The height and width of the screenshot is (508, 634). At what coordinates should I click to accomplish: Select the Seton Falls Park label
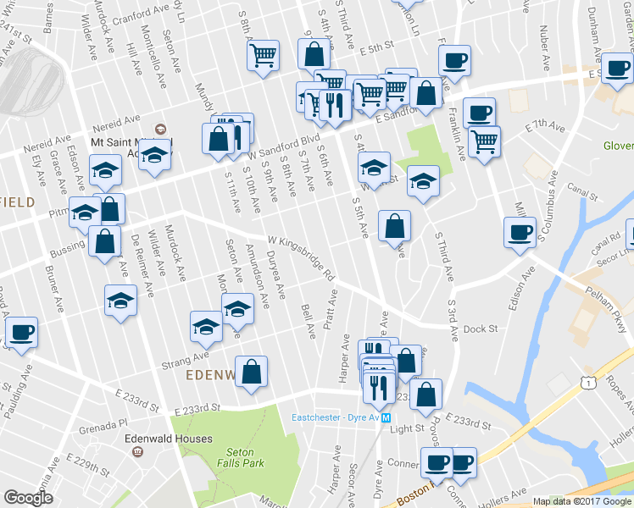[x=245, y=457]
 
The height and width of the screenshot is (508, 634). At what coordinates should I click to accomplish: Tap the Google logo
[x=28, y=498]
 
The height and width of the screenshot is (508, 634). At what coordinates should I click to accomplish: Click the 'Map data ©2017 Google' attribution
[x=582, y=501]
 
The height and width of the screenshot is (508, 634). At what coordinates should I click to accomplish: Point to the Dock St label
[x=480, y=329]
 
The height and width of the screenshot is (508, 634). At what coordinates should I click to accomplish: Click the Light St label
[x=407, y=429]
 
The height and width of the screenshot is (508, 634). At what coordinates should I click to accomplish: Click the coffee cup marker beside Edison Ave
[x=520, y=232]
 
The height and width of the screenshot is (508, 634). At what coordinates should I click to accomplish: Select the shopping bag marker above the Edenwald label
[x=252, y=372]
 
